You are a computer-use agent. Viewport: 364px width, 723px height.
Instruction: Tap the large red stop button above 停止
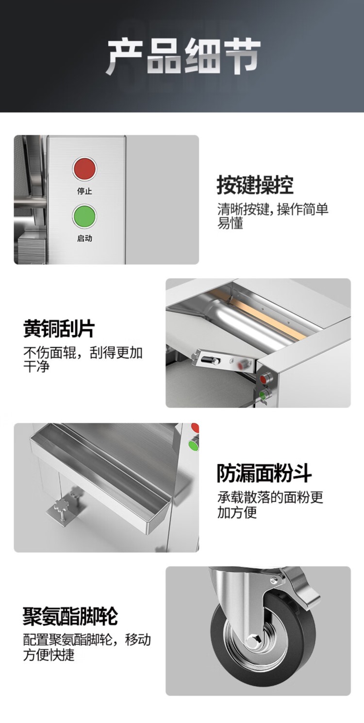click(x=84, y=168)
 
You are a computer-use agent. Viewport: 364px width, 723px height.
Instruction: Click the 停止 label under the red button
click(x=84, y=191)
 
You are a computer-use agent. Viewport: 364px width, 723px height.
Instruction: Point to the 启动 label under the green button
click(x=84, y=238)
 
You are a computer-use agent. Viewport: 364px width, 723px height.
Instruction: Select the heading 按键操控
click(x=255, y=185)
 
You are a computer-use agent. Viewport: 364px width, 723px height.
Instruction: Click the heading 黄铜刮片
click(x=59, y=329)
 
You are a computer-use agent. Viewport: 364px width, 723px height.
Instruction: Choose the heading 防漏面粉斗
click(x=265, y=473)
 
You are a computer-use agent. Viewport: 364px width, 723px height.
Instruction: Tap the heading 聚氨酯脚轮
click(x=70, y=616)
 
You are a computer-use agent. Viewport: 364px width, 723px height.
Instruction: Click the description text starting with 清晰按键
click(x=273, y=216)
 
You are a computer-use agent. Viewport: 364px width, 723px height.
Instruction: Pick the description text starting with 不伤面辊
click(x=83, y=359)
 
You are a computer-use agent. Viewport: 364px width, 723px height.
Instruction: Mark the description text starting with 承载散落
click(x=270, y=505)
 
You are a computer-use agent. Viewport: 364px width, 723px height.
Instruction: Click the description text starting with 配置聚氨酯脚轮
click(x=87, y=647)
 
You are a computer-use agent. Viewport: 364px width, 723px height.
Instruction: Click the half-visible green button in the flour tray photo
click(x=194, y=444)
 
